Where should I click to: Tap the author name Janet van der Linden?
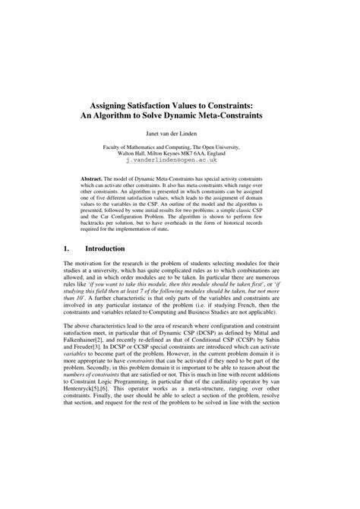pyautogui.click(x=179, y=133)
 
